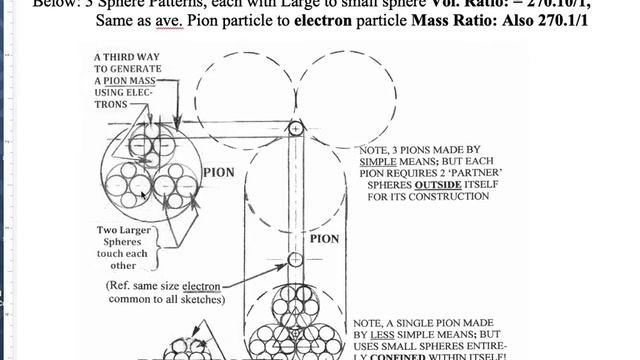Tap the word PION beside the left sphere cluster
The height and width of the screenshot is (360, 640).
tap(218, 172)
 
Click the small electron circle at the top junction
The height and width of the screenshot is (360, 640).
tap(295, 128)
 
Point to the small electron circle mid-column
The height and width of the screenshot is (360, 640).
tap(295, 260)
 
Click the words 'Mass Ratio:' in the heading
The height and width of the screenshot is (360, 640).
tap(448, 19)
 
